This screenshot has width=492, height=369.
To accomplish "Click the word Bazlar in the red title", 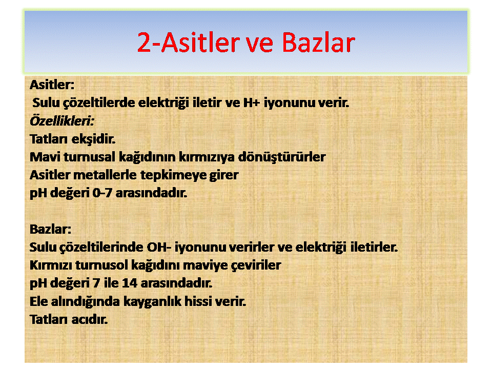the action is coord(318,43).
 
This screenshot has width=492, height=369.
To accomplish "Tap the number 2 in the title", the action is coord(144,43).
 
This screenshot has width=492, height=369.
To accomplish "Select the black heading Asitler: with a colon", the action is coord(52,85).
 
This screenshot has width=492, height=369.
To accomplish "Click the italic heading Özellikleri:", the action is coord(62,121).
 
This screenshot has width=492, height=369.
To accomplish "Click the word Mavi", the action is coord(45,157).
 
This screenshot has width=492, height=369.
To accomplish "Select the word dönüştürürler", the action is coord(282,157).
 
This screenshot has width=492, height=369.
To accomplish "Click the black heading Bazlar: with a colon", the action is coord(51,229).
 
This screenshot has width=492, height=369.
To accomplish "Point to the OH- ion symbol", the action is coord(159,247).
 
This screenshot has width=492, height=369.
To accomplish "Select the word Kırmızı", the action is coord(51,265).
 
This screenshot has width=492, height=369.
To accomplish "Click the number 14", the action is coord(130,283).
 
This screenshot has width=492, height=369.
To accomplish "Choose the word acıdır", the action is coord(90,320).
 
